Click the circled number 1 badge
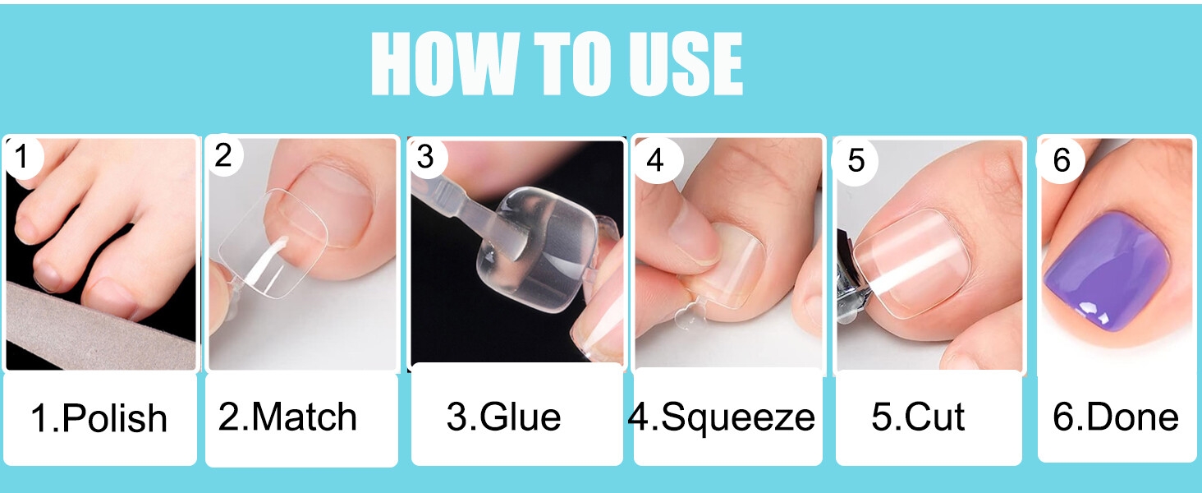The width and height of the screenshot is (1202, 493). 21,158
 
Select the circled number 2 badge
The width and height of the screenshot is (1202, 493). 223,156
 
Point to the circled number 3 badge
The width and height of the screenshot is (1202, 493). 426,157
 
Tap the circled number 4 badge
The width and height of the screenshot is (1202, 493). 656,160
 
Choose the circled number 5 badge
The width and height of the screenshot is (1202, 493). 856,160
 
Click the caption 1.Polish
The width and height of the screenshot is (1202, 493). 99,418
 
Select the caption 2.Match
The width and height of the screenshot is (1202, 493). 287,417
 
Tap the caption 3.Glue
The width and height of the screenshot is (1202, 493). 503,417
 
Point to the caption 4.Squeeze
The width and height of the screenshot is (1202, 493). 721,418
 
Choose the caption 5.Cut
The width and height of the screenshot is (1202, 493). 918,417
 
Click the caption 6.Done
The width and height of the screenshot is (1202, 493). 1115,417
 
